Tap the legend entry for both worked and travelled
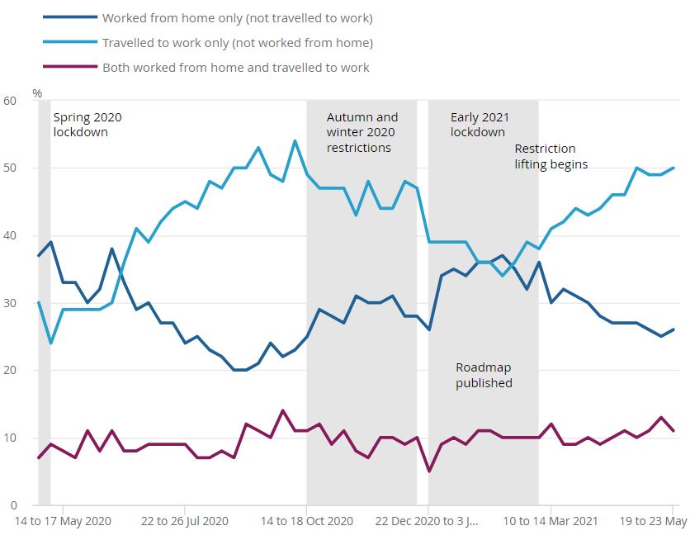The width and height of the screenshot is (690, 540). pyautogui.click(x=235, y=67)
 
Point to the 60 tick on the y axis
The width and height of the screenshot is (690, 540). pyautogui.click(x=10, y=101)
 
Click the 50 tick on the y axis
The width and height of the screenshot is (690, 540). pyautogui.click(x=10, y=168)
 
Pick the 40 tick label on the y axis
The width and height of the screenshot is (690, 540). pyautogui.click(x=10, y=235)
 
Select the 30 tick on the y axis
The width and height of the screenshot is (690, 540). pyautogui.click(x=10, y=303)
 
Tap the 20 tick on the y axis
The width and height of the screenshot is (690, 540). pyautogui.click(x=10, y=371)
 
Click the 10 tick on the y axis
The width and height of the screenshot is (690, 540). pyautogui.click(x=10, y=438)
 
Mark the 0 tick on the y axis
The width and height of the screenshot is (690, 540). pyautogui.click(x=12, y=505)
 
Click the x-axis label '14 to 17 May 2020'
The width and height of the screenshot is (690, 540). pyautogui.click(x=63, y=521)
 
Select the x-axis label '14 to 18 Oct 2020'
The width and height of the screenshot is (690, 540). pyautogui.click(x=306, y=521)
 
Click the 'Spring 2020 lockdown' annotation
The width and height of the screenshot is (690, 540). pyautogui.click(x=87, y=125)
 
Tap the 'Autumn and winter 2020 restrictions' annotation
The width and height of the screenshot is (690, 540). pyautogui.click(x=362, y=132)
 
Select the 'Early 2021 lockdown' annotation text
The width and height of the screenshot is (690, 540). pyautogui.click(x=478, y=125)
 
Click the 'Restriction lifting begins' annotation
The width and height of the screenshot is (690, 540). pyautogui.click(x=551, y=156)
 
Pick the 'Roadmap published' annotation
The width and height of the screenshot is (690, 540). pyautogui.click(x=484, y=375)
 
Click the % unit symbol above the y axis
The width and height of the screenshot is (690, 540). pyautogui.click(x=37, y=93)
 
